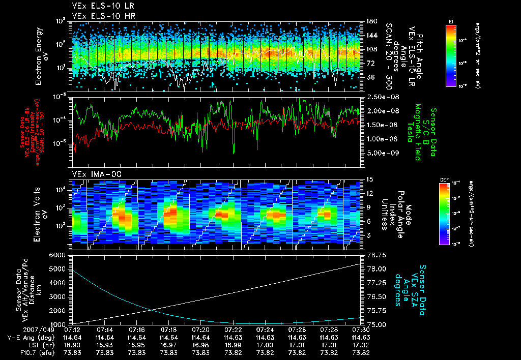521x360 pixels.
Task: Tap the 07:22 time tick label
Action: [233, 329]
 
